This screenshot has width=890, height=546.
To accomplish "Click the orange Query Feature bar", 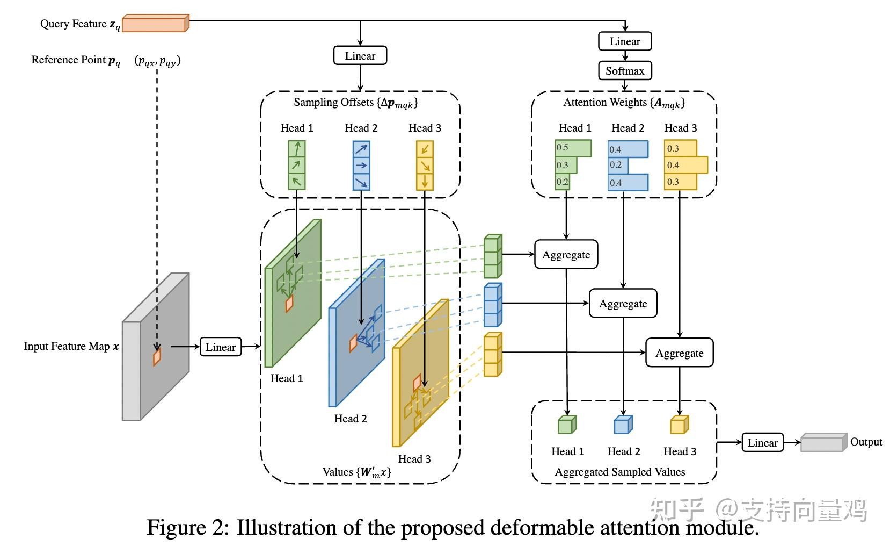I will (155, 24).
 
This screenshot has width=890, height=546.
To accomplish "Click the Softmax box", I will (625, 70).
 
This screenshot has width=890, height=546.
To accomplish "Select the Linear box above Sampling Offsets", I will (360, 56).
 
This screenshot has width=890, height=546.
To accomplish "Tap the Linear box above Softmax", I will (625, 41).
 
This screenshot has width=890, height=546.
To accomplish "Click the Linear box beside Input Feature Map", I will (220, 347).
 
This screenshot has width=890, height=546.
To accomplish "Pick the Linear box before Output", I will (762, 443).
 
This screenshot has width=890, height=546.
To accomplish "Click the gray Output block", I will (823, 442).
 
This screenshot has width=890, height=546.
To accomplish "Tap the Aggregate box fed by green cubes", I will (566, 255).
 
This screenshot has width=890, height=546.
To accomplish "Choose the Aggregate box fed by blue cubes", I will (623, 304).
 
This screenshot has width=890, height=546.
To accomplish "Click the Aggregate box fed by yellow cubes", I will (679, 353).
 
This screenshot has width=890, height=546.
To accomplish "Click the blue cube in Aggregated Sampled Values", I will (623, 425).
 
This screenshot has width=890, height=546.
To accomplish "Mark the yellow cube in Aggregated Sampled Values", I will (679, 425).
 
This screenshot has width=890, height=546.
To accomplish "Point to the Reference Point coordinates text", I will (157, 60).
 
